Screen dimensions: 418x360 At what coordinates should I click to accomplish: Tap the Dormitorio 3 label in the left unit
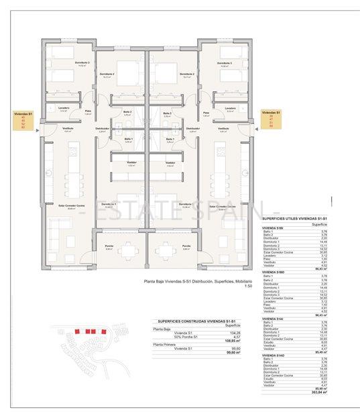click(65, 64)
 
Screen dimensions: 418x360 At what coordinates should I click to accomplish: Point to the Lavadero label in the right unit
click(230, 108)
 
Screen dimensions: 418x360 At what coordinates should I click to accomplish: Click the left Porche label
click(109, 246)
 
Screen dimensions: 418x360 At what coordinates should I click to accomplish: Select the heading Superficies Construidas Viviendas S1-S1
click(192, 321)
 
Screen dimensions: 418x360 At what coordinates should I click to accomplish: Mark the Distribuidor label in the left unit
click(102, 127)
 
